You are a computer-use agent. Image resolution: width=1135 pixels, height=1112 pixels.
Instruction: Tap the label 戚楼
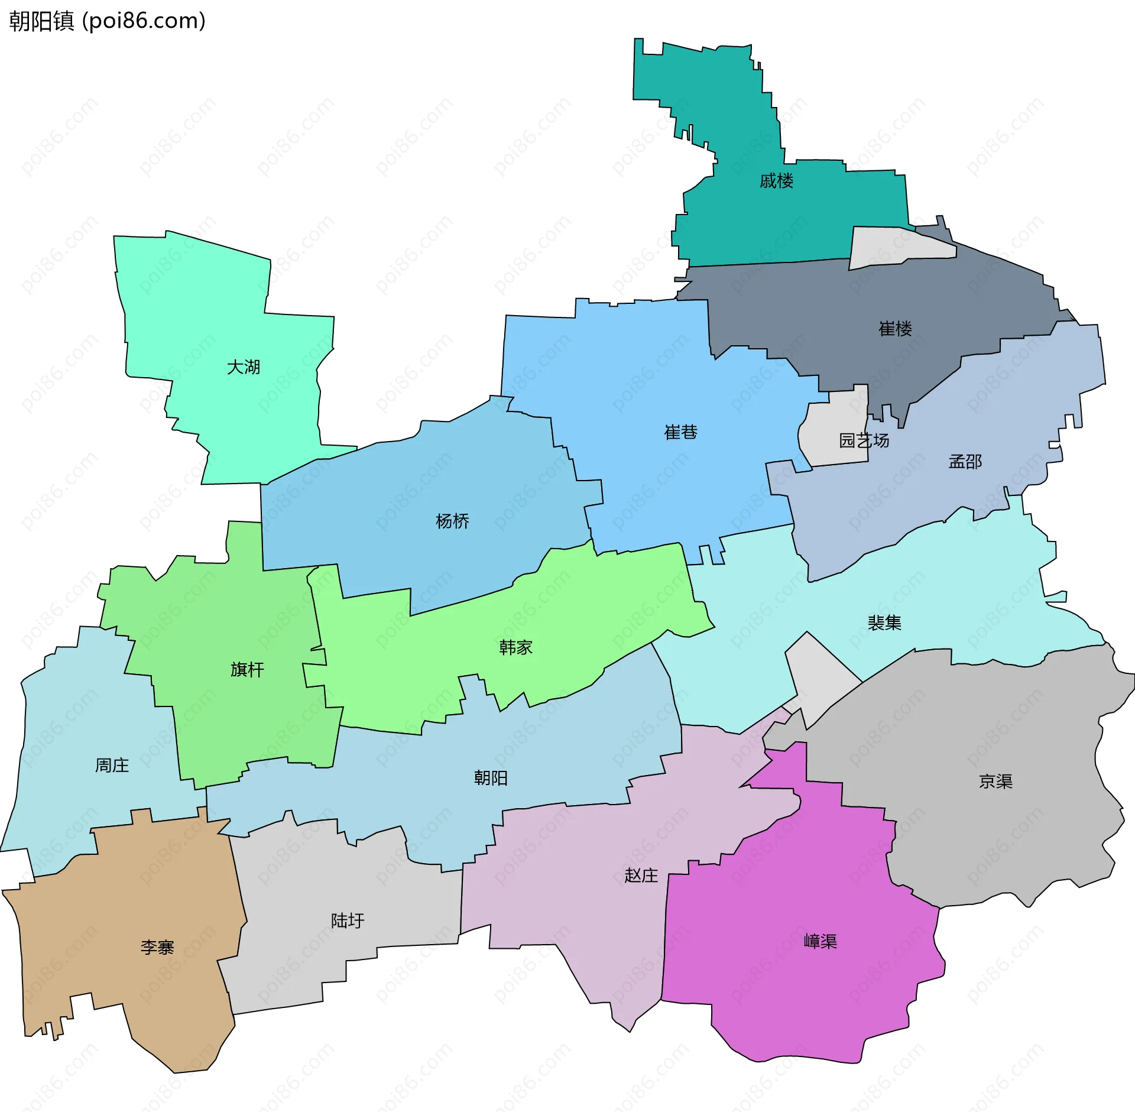pyautogui.click(x=776, y=181)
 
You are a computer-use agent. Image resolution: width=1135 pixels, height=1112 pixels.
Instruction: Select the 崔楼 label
pyautogui.click(x=895, y=329)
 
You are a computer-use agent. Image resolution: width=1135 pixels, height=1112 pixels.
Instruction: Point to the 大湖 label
pyautogui.click(x=244, y=367)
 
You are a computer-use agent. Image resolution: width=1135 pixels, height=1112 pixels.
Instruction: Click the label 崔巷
pyautogui.click(x=680, y=432)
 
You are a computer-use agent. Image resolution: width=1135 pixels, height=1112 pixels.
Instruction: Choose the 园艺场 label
pyautogui.click(x=864, y=440)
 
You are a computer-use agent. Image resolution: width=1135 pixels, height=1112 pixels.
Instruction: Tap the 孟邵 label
pyautogui.click(x=965, y=462)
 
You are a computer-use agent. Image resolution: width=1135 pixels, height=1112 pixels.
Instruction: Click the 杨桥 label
pyautogui.click(x=452, y=521)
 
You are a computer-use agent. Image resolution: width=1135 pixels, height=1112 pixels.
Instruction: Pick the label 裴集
pyautogui.click(x=884, y=623)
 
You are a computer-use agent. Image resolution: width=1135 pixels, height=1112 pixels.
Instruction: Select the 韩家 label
pyautogui.click(x=515, y=647)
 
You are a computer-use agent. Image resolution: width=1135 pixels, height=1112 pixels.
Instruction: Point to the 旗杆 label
pyautogui.click(x=247, y=669)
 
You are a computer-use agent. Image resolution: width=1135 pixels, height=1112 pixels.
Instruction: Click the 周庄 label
pyautogui.click(x=112, y=766)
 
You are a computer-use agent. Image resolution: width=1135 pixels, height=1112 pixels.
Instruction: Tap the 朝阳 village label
pyautogui.click(x=491, y=777)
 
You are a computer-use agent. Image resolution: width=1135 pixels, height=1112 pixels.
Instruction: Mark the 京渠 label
pyautogui.click(x=995, y=782)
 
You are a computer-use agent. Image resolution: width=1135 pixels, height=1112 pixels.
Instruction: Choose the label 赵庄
pyautogui.click(x=641, y=875)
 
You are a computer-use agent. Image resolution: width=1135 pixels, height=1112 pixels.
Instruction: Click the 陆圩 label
pyautogui.click(x=348, y=920)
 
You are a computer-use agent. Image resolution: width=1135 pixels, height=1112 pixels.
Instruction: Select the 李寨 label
pyautogui.click(x=157, y=948)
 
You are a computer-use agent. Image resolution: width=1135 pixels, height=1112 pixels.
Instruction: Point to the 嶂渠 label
pyautogui.click(x=821, y=941)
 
